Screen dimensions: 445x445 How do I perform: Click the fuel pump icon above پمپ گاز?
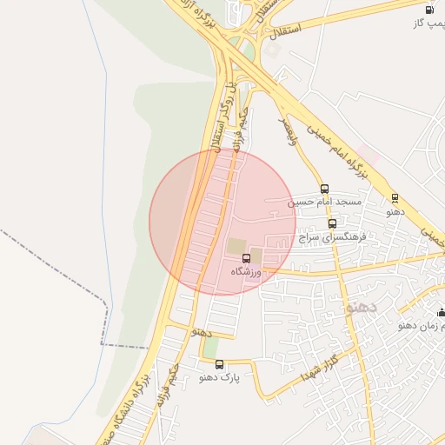click(429, 10)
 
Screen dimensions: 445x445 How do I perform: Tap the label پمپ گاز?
click(429, 23)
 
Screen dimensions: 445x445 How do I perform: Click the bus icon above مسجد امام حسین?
click(324, 189)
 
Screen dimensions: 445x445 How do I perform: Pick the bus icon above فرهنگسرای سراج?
click(332, 223)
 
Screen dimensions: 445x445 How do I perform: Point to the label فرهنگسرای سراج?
click(332, 236)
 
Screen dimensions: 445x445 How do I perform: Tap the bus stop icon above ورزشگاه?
click(246, 258)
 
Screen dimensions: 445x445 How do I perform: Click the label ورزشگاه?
click(246, 271)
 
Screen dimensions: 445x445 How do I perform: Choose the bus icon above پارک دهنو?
click(219, 364)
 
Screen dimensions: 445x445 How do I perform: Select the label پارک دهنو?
click(219, 377)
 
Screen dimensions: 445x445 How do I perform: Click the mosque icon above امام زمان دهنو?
click(441, 312)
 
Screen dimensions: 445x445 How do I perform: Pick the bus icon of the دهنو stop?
click(395, 198)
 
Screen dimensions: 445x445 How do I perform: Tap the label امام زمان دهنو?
click(422, 325)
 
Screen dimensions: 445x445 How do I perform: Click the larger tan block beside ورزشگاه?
click(236, 246)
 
